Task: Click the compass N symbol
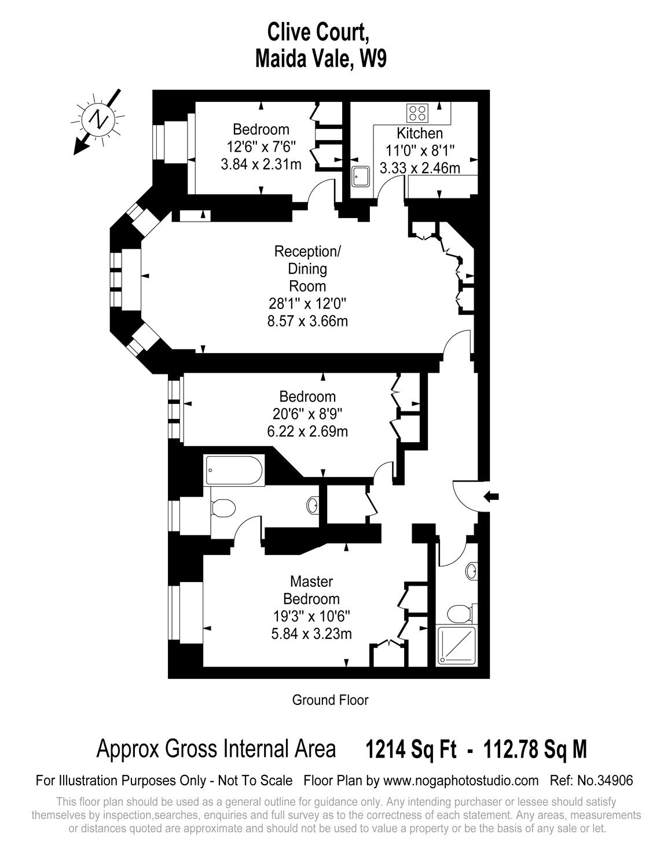coord(98,119)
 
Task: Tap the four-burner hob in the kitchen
coord(417,112)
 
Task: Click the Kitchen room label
coord(420,133)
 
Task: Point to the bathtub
coord(234,470)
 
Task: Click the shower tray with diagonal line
coord(457,646)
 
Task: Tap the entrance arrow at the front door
coord(491,496)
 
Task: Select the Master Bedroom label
coord(311,590)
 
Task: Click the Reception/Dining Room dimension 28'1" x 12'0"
coord(307,304)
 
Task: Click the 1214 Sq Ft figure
coord(411,749)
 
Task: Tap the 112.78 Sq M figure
coord(535,749)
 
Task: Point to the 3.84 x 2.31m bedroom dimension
coord(261,164)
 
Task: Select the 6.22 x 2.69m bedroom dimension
coord(307,432)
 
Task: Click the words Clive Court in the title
coord(318,32)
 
